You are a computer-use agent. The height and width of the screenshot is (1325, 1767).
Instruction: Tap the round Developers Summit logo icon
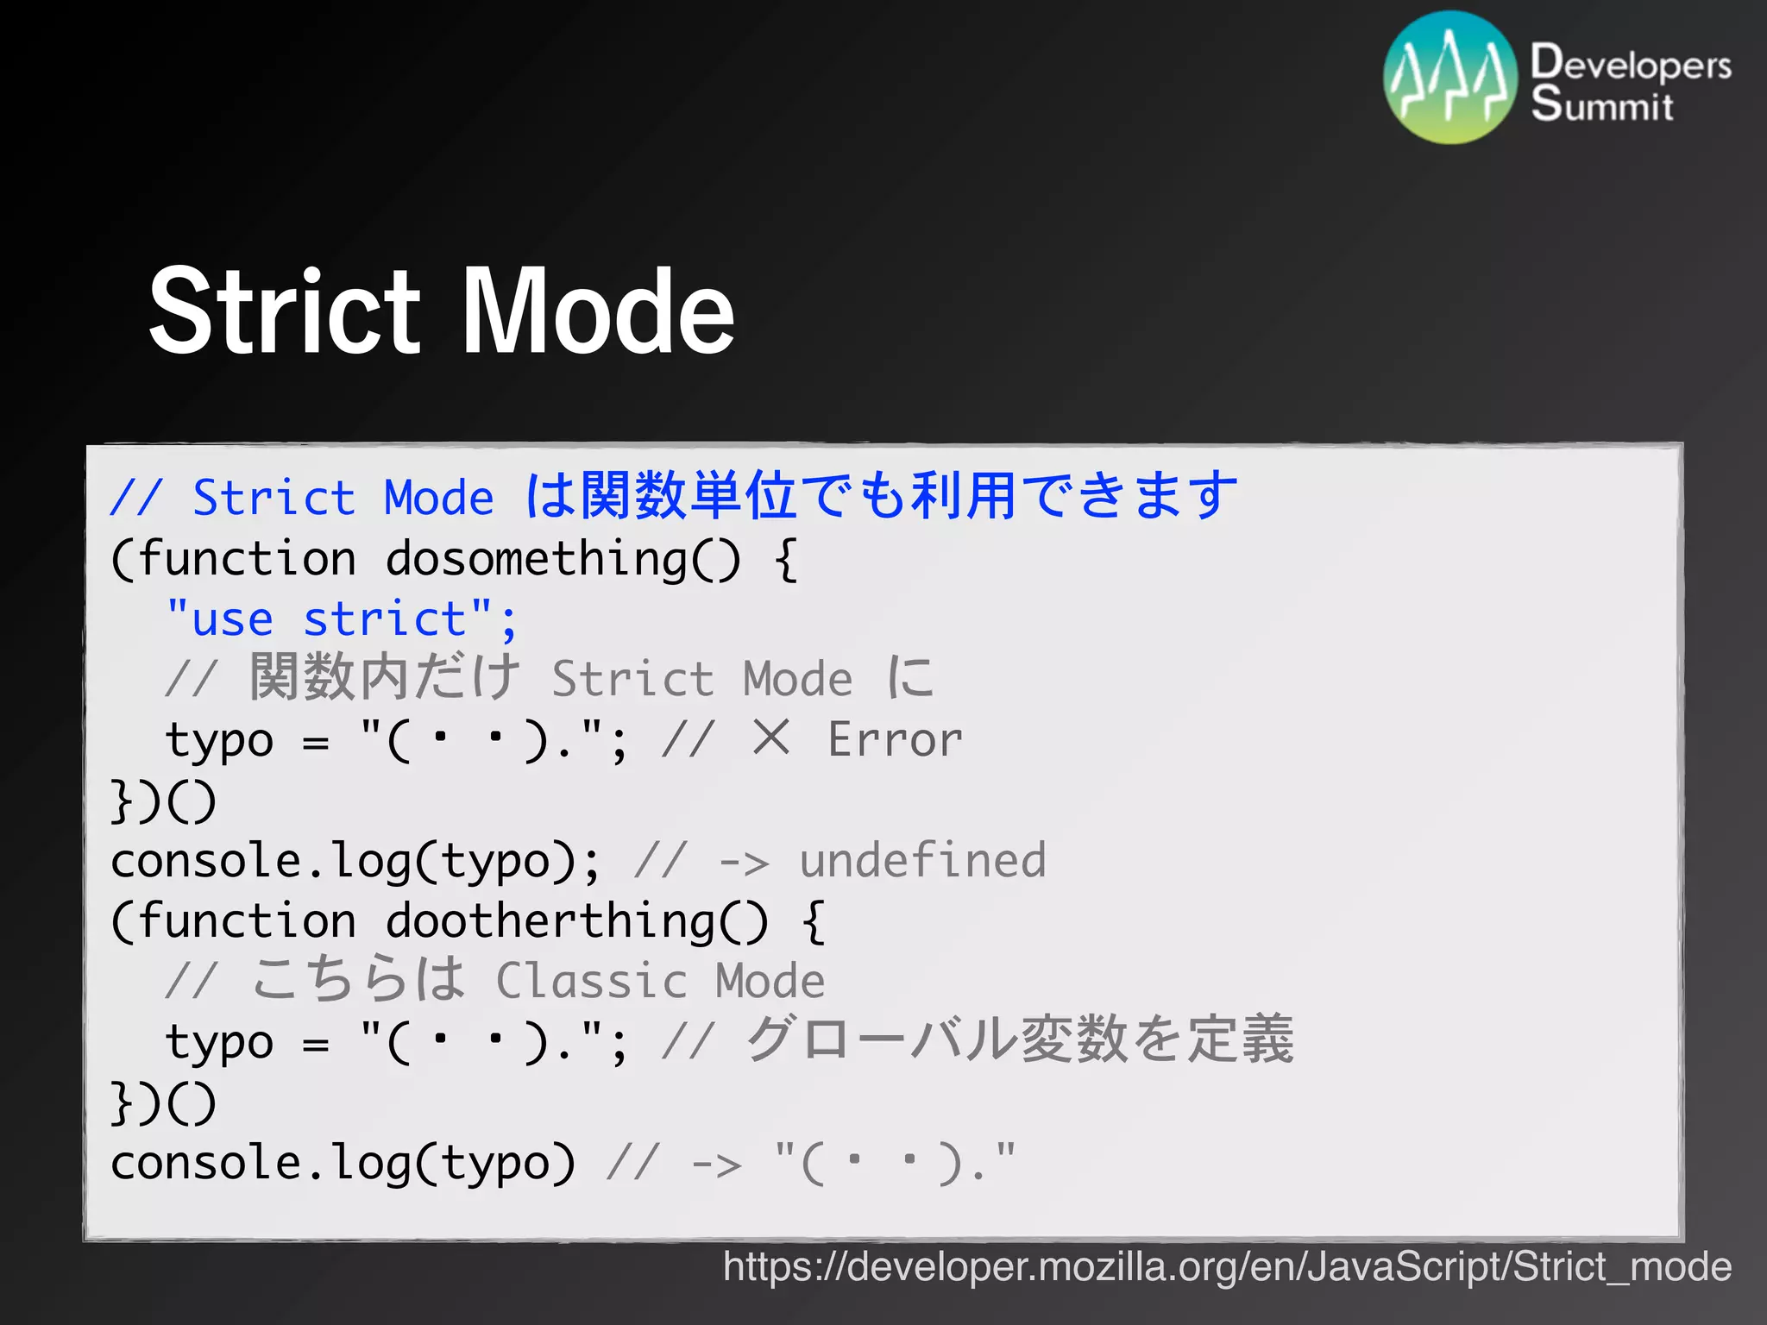(1449, 78)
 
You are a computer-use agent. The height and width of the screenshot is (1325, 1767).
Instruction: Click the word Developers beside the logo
(1631, 64)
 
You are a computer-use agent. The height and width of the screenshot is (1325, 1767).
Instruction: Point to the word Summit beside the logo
(1602, 104)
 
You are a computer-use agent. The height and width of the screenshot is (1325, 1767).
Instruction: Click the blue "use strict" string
(341, 619)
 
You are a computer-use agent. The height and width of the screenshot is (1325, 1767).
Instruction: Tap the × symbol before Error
(770, 738)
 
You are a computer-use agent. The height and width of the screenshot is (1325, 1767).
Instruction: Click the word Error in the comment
(895, 740)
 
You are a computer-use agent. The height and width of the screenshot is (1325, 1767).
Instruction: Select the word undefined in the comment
(922, 860)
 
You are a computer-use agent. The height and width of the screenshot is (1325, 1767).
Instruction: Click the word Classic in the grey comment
(591, 981)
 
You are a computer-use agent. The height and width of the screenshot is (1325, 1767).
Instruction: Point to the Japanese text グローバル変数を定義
(1019, 1039)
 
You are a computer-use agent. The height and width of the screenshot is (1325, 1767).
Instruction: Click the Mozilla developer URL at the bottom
(1227, 1266)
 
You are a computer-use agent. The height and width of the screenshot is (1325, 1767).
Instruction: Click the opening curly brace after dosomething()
(785, 560)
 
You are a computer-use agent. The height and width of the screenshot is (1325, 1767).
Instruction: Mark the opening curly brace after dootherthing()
(813, 921)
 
